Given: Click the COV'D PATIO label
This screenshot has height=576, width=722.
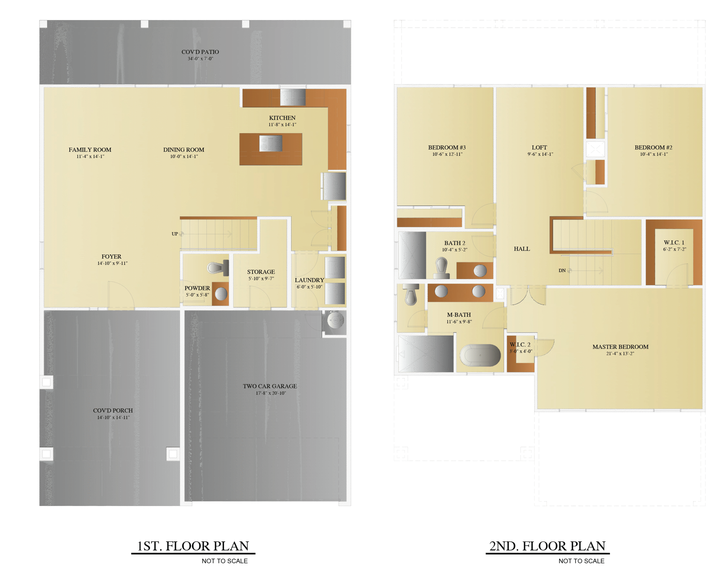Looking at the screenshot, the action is point(200,52).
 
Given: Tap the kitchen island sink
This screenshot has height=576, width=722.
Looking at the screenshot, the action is point(270,143).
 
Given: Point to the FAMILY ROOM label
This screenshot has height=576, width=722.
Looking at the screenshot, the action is point(90,150).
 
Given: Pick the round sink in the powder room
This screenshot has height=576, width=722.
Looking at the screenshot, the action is point(221,294).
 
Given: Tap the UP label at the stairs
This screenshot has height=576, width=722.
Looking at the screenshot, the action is point(175,234).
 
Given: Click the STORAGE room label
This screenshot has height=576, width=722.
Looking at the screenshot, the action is point(261,272).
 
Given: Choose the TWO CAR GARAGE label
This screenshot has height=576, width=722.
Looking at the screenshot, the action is point(270,386).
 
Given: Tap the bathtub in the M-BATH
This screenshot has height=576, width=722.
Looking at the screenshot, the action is point(480,355).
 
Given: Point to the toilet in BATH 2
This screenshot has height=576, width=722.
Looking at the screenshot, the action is point(442,268).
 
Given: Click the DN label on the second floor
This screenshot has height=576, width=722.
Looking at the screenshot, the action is point(562,270).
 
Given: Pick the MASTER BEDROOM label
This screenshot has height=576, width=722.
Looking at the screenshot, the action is point(620,347).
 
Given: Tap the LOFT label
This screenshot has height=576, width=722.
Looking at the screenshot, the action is point(539,147).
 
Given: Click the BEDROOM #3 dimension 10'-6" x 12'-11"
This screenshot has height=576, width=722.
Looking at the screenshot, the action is point(447,154).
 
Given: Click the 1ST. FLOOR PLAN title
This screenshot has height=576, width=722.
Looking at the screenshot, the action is point(193,546).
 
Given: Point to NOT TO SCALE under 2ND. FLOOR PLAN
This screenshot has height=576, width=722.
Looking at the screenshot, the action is point(581,561).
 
